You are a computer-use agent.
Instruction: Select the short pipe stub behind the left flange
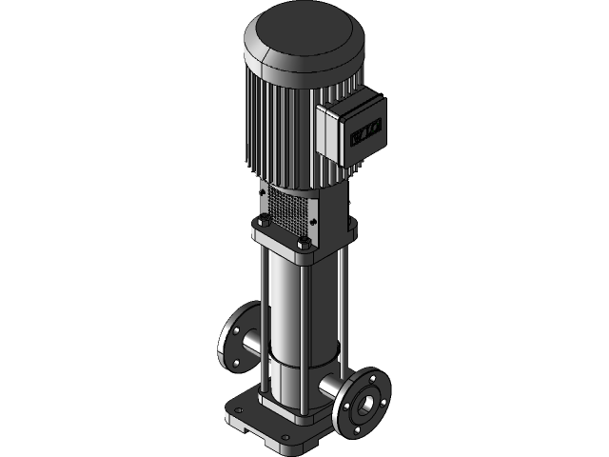pyautogui.click(x=251, y=343)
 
